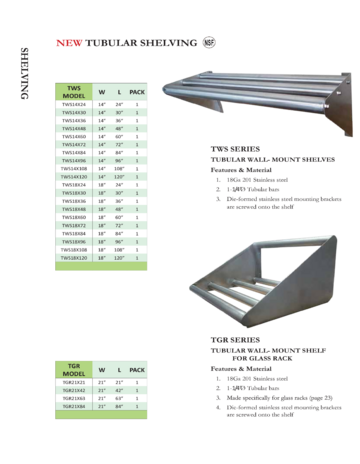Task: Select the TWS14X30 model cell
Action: coord(73,114)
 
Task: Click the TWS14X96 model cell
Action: coord(73,161)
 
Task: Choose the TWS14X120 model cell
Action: coord(73,177)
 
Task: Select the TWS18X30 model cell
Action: coord(73,193)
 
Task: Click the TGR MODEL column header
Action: coord(73,369)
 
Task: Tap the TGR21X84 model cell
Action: coord(73,407)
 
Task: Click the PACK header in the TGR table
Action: coord(138,369)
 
